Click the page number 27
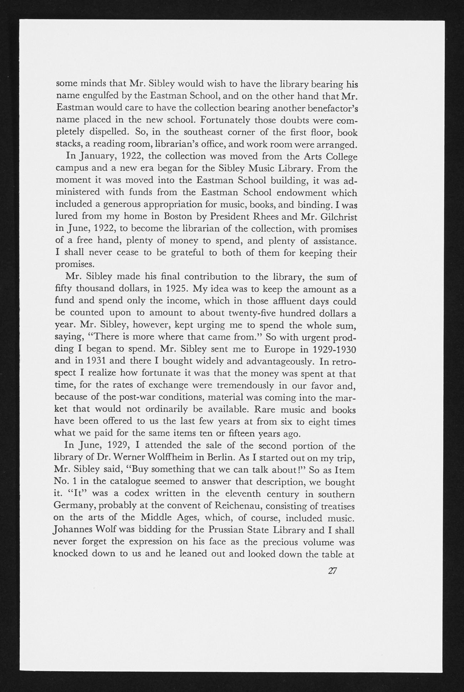point(332,570)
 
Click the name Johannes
point(75,531)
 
